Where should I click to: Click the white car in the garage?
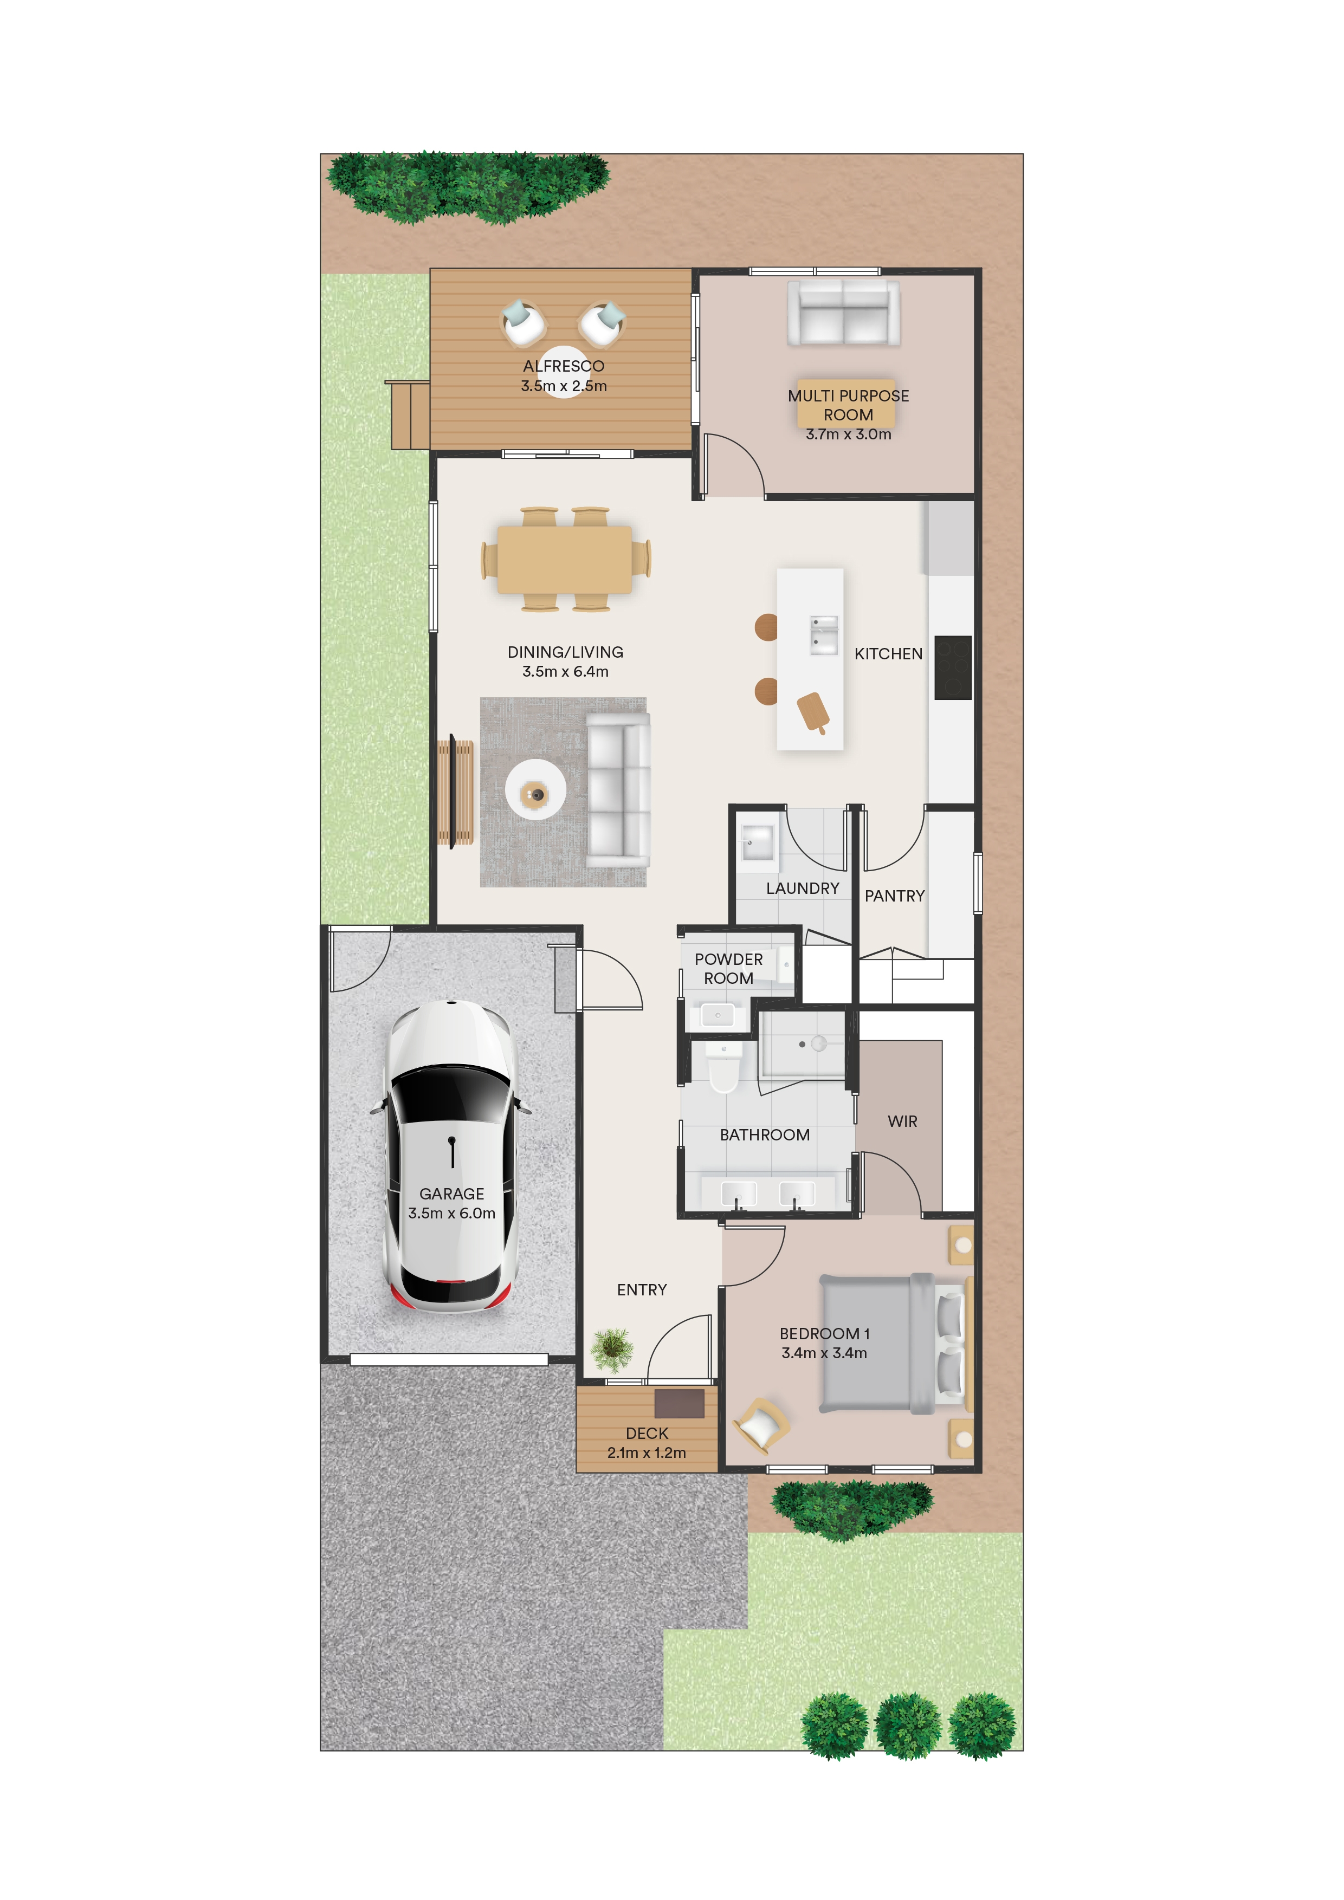(451, 1157)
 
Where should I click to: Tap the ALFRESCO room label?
(564, 366)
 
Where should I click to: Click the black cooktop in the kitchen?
(953, 667)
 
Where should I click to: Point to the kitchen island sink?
(823, 635)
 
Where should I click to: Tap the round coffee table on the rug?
(537, 789)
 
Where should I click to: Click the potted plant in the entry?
(612, 1349)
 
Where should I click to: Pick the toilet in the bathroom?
(723, 1067)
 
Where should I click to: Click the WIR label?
(902, 1121)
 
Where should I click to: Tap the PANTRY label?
(895, 896)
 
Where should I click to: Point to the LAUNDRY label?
(803, 888)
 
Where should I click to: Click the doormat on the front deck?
(680, 1404)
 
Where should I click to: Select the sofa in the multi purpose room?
(843, 313)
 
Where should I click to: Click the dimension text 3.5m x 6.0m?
(452, 1213)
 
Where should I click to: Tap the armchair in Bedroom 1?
(760, 1425)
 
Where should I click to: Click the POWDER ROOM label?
(728, 968)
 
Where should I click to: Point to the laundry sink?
(755, 844)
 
